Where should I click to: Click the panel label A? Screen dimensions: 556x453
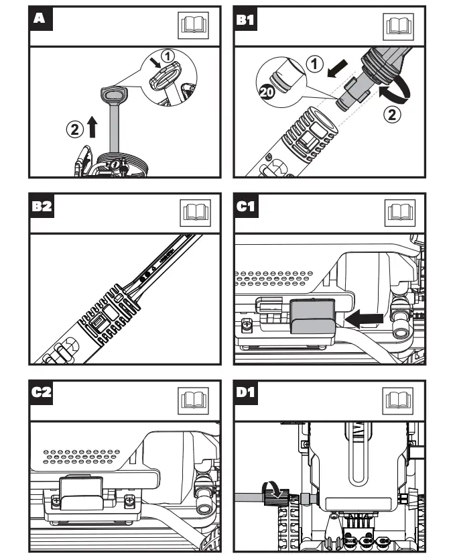click(x=40, y=18)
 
